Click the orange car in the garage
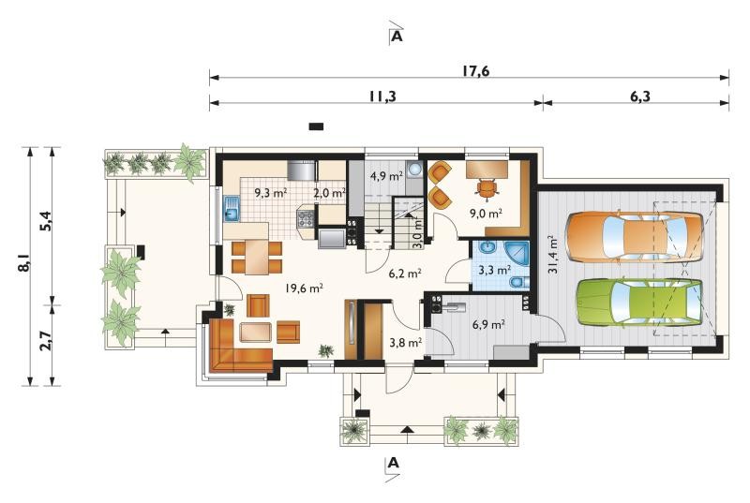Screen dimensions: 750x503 (x=635, y=236)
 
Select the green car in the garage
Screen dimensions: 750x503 (x=639, y=303)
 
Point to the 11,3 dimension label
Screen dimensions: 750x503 (x=382, y=96)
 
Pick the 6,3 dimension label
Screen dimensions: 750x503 (x=640, y=96)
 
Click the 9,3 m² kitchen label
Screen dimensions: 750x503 (x=271, y=193)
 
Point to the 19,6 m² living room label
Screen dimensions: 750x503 (x=304, y=288)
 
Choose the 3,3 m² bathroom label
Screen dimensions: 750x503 (x=495, y=271)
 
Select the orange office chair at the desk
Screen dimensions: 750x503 (x=487, y=187)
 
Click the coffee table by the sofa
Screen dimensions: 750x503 (x=255, y=332)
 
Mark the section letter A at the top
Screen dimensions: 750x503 (x=397, y=37)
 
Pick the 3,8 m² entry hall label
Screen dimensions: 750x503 (x=405, y=342)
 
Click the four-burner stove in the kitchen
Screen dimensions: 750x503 (x=306, y=218)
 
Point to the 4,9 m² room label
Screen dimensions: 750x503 (x=386, y=176)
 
